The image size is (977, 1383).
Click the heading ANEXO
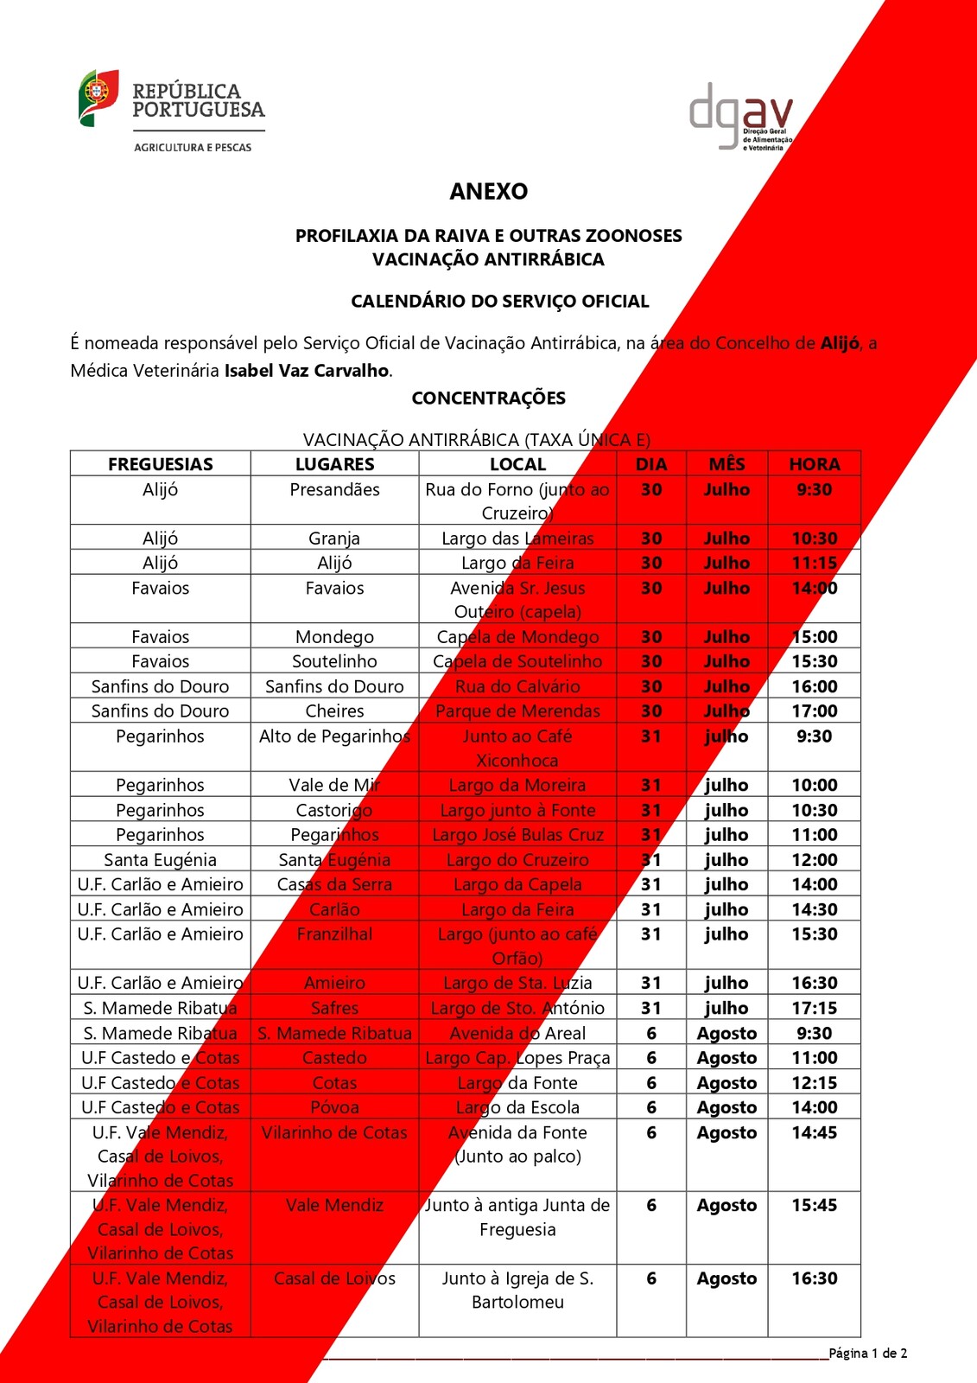point(488,191)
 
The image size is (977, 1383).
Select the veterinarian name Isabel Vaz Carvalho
point(307,371)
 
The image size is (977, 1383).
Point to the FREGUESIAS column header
point(161,464)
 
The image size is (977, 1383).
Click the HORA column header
point(814,464)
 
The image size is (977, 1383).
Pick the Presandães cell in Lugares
point(334,490)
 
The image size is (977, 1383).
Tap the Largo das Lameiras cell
point(517,539)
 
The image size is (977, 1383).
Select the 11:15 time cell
point(814,564)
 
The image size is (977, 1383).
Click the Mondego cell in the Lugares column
point(334,637)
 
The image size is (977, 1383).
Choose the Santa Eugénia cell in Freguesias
point(161,860)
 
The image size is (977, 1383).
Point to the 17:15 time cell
point(814,1008)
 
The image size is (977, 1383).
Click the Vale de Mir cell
point(334,786)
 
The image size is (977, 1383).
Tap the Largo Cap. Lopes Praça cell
point(517,1058)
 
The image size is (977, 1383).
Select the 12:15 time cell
point(814,1083)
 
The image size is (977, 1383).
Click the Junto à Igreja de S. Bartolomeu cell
point(517,1290)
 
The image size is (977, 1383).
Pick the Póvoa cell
point(334,1107)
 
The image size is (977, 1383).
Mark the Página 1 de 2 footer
point(867,1354)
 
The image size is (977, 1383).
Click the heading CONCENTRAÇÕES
point(488,398)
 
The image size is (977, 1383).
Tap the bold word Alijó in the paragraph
point(840,343)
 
